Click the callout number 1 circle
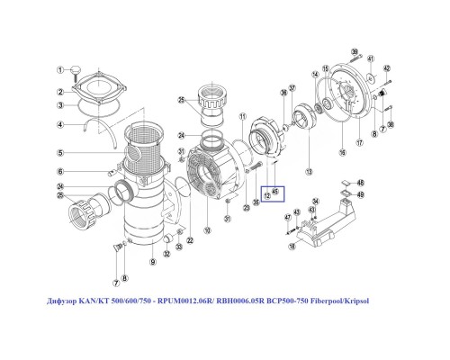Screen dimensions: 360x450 point(61,70)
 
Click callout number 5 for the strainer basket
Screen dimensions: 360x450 point(61,152)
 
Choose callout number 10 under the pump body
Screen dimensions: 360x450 point(209,230)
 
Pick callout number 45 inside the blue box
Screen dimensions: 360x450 point(276,192)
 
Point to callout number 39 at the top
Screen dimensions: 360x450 point(355,52)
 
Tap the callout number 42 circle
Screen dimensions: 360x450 point(386,68)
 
